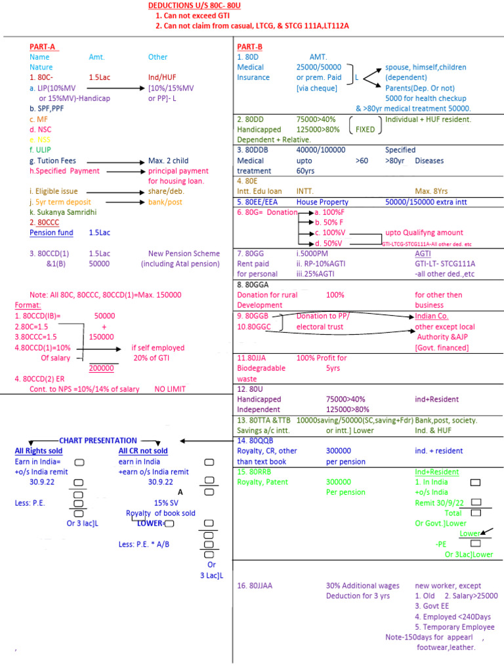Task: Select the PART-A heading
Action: pyautogui.click(x=43, y=47)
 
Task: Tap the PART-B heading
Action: pyautogui.click(x=250, y=47)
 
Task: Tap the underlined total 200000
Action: pyautogui.click(x=101, y=368)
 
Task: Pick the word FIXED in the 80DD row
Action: pyautogui.click(x=365, y=130)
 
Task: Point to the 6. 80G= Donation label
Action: pyautogui.click(x=267, y=212)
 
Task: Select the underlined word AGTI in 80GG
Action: pyautogui.click(x=423, y=253)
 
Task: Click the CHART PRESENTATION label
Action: pyautogui.click(x=98, y=440)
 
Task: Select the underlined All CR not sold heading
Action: pyautogui.click(x=143, y=451)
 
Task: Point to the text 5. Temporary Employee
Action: pyautogui.click(x=454, y=627)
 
